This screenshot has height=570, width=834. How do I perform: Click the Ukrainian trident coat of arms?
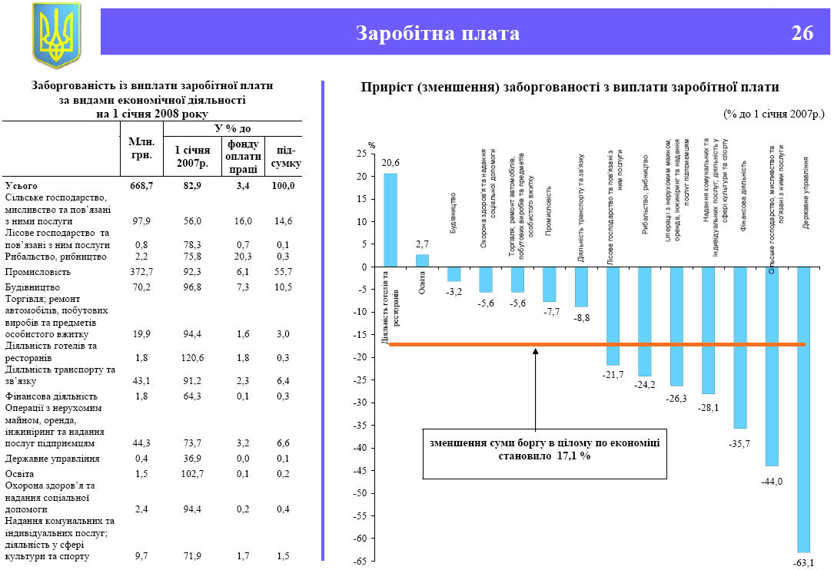click(x=56, y=35)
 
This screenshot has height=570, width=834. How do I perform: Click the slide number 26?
click(x=802, y=33)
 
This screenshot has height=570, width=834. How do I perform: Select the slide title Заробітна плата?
click(x=437, y=33)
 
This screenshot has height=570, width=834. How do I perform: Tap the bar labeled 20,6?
click(x=390, y=220)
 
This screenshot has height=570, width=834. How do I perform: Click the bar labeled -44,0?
click(x=772, y=366)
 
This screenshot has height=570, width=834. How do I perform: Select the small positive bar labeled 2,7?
click(x=422, y=260)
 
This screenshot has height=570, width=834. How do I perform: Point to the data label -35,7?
click(x=739, y=443)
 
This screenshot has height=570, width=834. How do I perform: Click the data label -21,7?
click(x=612, y=374)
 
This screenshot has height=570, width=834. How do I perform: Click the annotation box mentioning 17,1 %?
click(x=545, y=449)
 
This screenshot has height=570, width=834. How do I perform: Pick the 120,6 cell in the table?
click(x=188, y=357)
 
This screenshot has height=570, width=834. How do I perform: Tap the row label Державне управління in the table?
click(x=52, y=459)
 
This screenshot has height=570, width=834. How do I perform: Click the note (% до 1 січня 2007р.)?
click(x=773, y=113)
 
